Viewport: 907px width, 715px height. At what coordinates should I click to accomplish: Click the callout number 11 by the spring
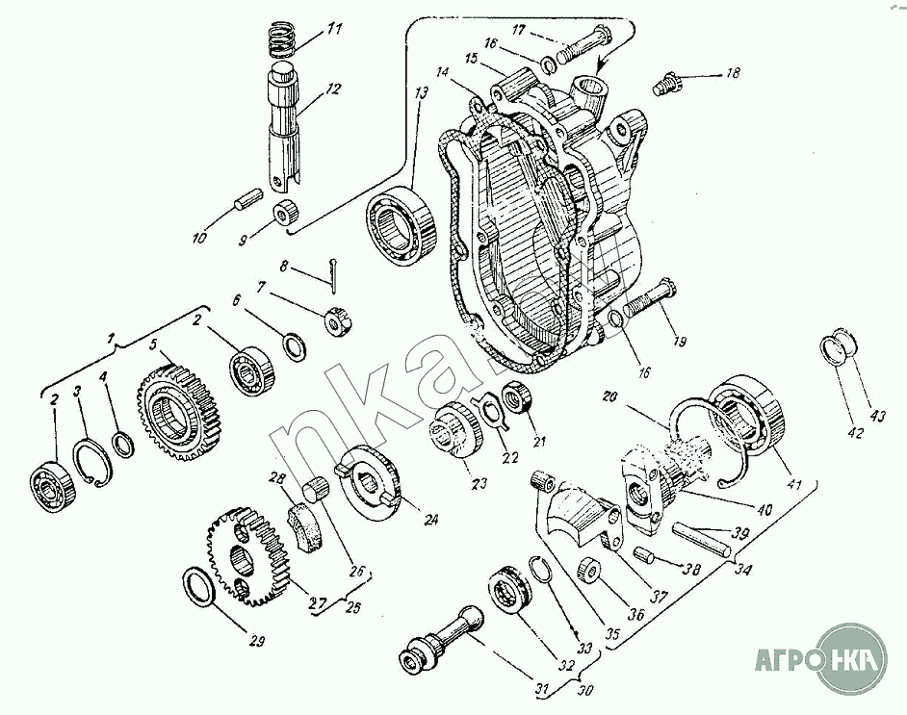pyautogui.click(x=334, y=30)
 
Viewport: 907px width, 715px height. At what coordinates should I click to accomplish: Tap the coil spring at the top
pyautogui.click(x=282, y=41)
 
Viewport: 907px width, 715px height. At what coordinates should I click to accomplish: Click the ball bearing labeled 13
pyautogui.click(x=400, y=223)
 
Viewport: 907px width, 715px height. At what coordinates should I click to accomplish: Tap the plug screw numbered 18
pyautogui.click(x=663, y=84)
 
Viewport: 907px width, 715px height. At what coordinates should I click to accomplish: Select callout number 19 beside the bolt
pyautogui.click(x=681, y=341)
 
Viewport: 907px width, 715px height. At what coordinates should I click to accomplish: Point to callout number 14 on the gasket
pyautogui.click(x=442, y=73)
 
